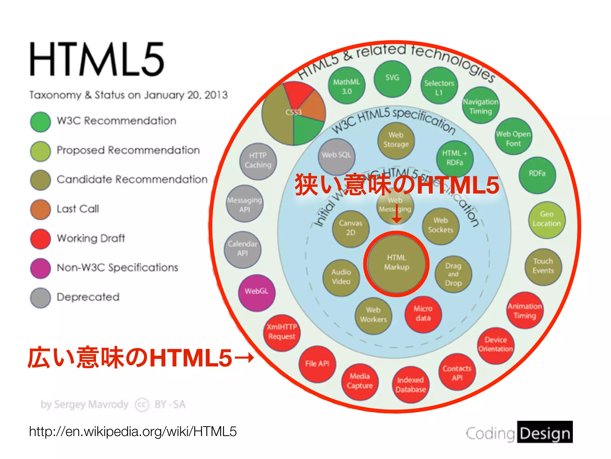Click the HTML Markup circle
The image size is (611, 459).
(396, 263)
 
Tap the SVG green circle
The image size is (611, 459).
(392, 79)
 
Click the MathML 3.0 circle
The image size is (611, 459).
(346, 86)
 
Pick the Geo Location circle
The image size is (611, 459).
(547, 220)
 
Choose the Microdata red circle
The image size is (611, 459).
(423, 314)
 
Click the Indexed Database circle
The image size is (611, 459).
(411, 385)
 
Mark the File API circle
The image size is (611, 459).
(317, 364)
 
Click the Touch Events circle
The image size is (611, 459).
(543, 267)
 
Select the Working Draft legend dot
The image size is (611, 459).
(40, 239)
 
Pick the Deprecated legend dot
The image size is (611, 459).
(40, 298)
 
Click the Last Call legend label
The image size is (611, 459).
(78, 209)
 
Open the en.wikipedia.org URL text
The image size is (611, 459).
(133, 432)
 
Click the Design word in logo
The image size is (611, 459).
(545, 433)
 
